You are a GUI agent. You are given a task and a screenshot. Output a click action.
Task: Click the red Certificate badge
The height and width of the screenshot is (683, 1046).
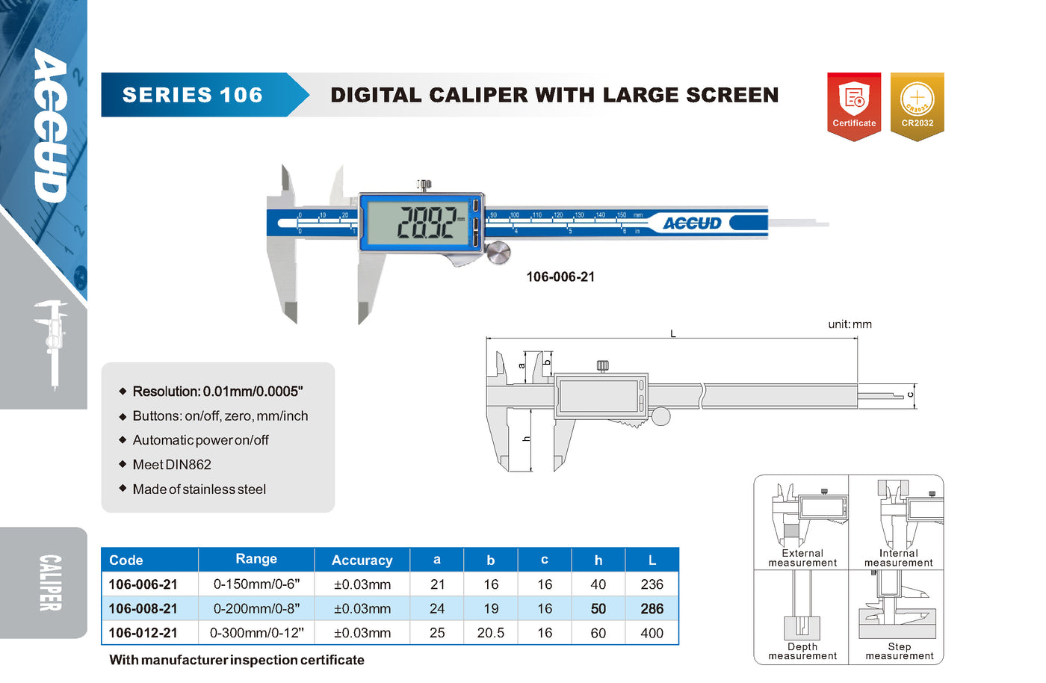point(854,106)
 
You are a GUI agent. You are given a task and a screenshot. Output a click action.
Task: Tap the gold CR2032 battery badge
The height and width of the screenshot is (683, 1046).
point(917,106)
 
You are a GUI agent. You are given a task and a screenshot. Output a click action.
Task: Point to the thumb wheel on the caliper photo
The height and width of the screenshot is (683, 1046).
point(498,253)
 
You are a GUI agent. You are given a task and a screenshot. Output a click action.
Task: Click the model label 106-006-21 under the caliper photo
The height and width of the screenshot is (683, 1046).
point(560,277)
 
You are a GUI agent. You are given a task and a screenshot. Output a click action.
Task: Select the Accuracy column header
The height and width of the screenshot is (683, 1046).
point(362,560)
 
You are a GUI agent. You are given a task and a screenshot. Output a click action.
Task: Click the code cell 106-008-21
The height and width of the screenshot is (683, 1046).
point(143,608)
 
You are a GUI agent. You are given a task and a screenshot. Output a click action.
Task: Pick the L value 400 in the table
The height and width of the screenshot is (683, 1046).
point(652,633)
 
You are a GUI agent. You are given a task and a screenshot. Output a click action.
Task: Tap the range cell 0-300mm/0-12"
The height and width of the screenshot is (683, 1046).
point(256,633)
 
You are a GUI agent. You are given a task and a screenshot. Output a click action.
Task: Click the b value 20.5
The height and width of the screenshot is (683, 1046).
point(491,633)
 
